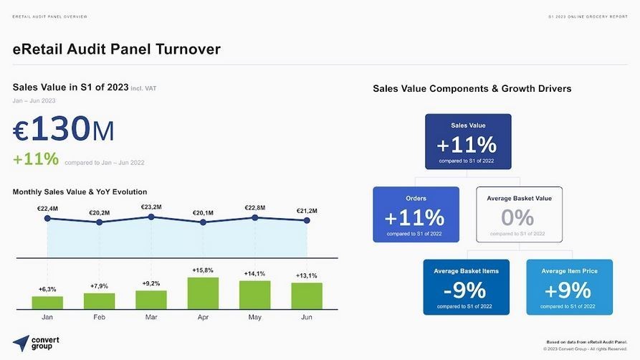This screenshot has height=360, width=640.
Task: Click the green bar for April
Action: click(203, 293)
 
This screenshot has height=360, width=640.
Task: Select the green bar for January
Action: click(47, 303)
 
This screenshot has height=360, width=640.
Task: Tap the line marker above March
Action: click(151, 217)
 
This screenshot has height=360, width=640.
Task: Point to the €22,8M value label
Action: click(255, 208)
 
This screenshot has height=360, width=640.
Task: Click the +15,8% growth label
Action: click(203, 270)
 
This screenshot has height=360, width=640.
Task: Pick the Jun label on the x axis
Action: click(307, 316)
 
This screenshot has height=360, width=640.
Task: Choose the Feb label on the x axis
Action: click(99, 316)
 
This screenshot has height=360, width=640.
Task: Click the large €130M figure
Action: click(63, 130)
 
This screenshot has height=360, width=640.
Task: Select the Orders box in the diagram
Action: click(416, 214)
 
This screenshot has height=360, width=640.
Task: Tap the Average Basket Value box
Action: click(519, 214)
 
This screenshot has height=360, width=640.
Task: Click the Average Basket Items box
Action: click(466, 287)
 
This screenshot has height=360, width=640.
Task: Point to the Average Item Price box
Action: click(569, 287)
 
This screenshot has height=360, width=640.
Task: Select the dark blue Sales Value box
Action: click(467, 141)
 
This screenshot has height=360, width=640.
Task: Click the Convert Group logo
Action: click(36, 343)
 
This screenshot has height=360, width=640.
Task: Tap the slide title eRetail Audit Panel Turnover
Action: click(116, 49)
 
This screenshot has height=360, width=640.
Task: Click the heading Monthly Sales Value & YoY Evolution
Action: click(80, 191)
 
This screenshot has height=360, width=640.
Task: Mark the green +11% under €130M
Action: click(36, 159)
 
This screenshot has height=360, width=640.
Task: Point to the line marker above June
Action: click(307, 221)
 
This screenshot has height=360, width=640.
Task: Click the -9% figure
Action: click(465, 290)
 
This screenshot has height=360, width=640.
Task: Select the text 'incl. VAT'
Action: click(143, 88)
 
